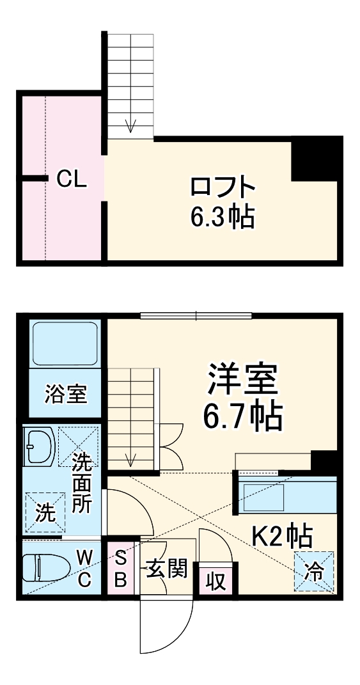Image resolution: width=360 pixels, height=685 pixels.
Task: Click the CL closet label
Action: coord(71,180)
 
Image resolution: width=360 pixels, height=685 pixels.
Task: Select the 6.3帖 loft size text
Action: coord(222,217)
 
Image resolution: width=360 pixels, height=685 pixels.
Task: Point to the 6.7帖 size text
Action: coord(242,416)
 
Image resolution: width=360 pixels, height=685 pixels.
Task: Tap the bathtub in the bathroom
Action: coord(65,344)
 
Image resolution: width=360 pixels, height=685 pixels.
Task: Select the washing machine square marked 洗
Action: coord(45,512)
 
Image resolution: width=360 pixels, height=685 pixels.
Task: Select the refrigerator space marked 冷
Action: coord(314,571)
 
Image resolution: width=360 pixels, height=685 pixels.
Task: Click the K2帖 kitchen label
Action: coord(281,535)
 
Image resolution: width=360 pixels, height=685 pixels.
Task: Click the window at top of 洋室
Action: coord(196,314)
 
